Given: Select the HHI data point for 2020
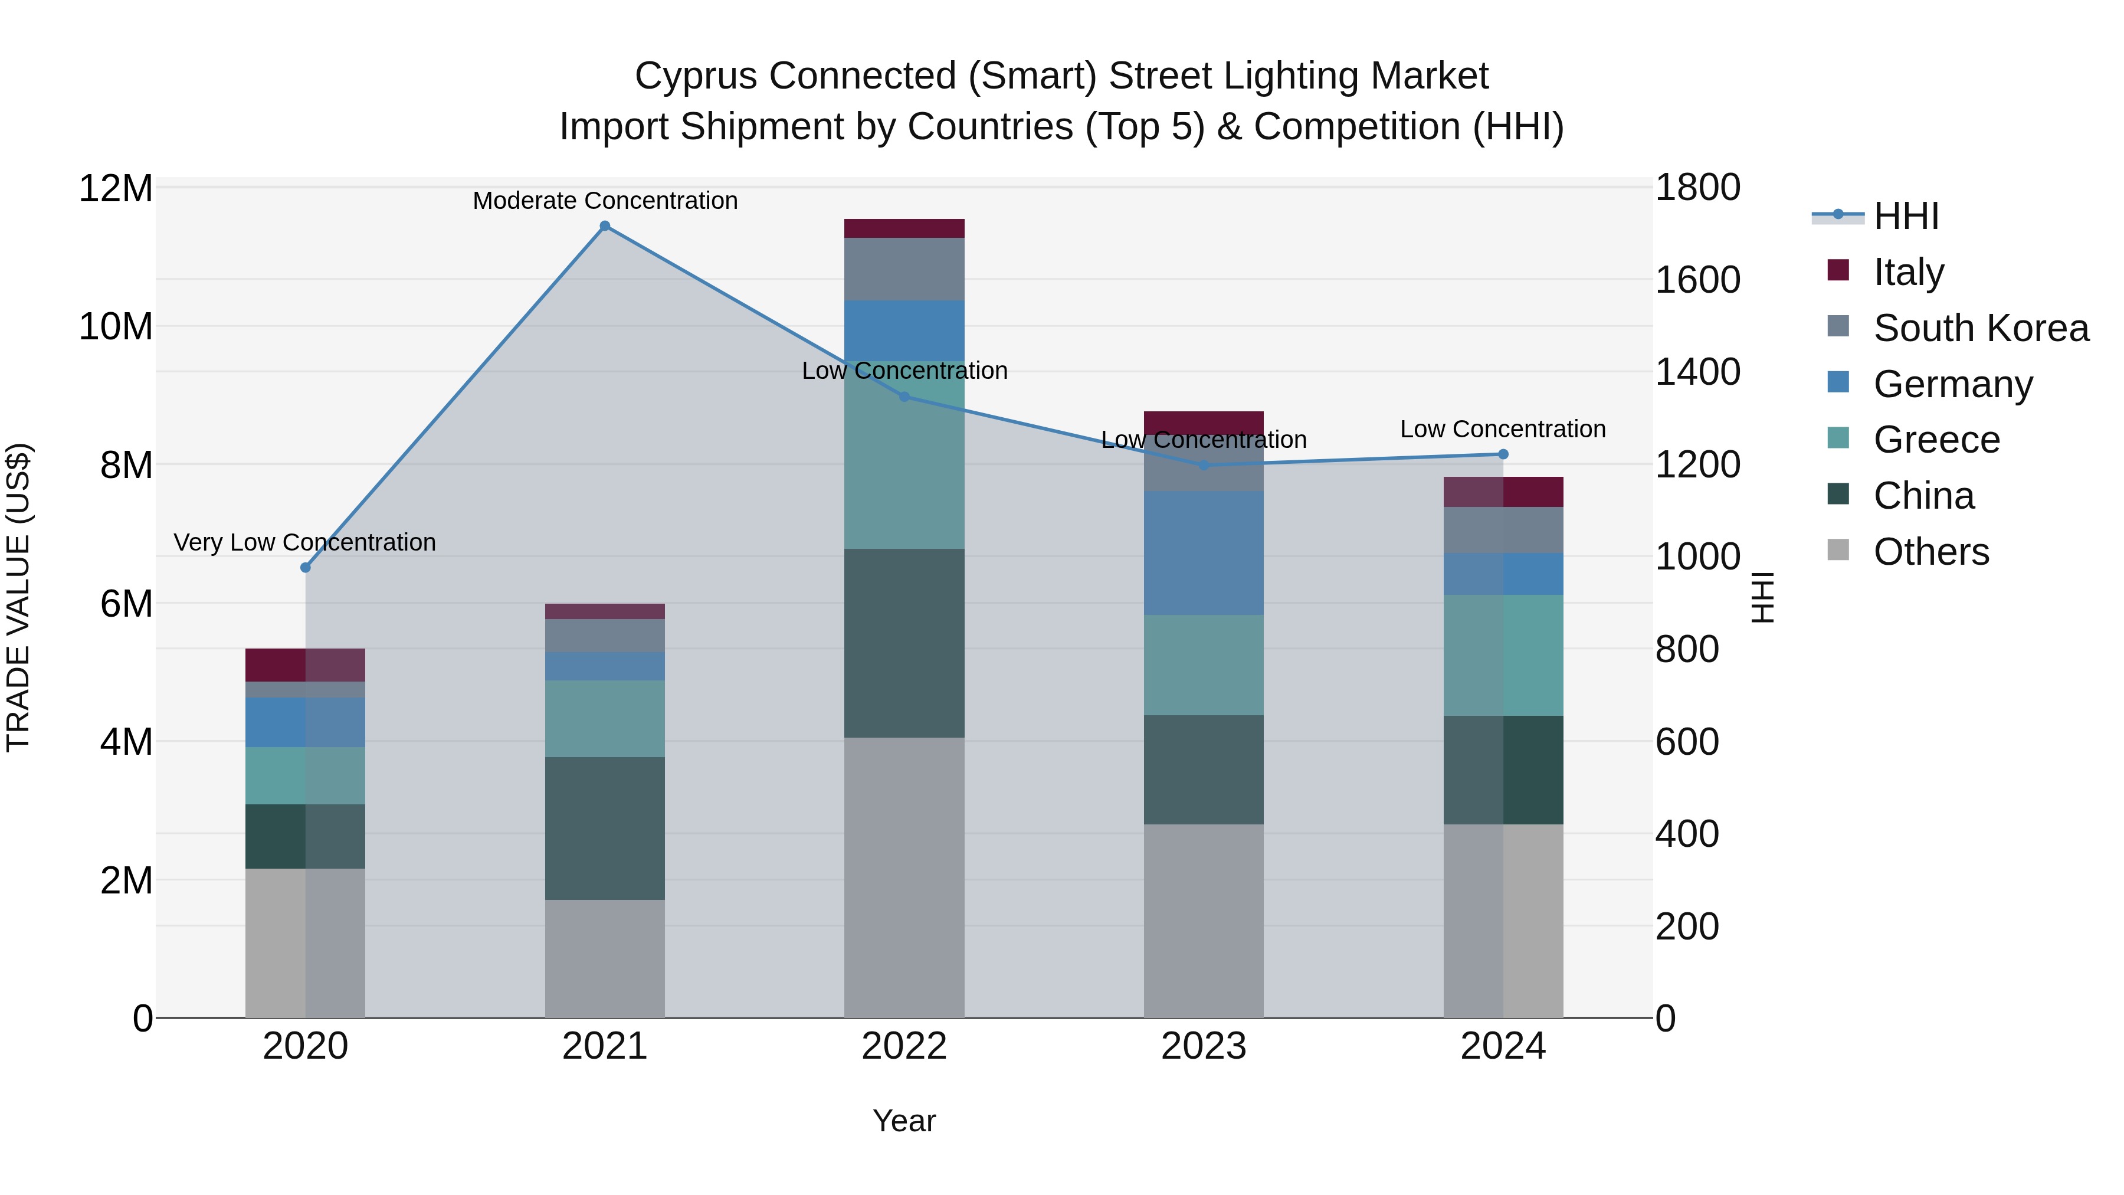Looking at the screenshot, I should pyautogui.click(x=305, y=567).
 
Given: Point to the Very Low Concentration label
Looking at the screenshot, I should pyautogui.click(x=304, y=543).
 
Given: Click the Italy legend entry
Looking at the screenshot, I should pyautogui.click(x=1908, y=272).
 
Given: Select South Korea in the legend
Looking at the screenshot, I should pyautogui.click(x=1981, y=328).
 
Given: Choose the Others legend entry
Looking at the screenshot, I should pyautogui.click(x=1930, y=552).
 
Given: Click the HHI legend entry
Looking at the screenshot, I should pyautogui.click(x=1906, y=216).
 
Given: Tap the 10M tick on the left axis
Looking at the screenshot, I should pyautogui.click(x=116, y=326).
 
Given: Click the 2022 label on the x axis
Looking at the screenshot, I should pyautogui.click(x=904, y=1046).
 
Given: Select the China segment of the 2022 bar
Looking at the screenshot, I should pyautogui.click(x=904, y=643).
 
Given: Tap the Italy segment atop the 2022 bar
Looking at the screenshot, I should pyautogui.click(x=904, y=228).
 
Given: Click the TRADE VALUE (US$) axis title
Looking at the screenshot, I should pyautogui.click(x=18, y=597).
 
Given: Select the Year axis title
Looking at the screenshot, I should pyautogui.click(x=904, y=1121).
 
